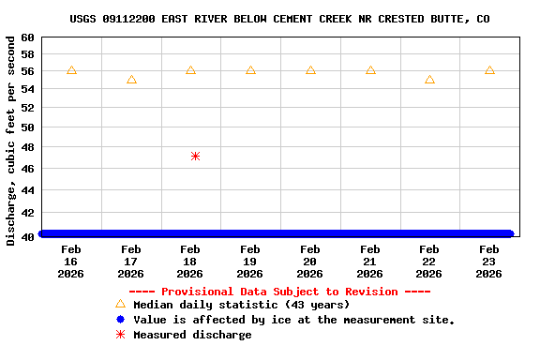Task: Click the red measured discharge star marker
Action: [x=195, y=156]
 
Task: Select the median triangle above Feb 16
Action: [x=71, y=70]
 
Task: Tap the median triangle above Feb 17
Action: [x=131, y=80]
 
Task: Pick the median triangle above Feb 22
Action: [x=429, y=80]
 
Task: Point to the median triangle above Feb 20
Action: [x=310, y=70]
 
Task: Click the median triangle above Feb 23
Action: [x=489, y=70]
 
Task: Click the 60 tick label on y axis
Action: [x=26, y=37]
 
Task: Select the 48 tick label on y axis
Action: [x=26, y=147]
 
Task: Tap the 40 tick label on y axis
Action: [x=26, y=236]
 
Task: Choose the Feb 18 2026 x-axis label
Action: [x=190, y=262]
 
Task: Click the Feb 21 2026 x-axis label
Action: [x=369, y=262]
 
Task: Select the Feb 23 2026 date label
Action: [x=489, y=262]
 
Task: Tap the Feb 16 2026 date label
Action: [x=71, y=262]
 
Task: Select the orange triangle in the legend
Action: [x=120, y=304]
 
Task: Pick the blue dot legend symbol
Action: [x=120, y=320]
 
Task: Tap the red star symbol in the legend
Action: [x=120, y=335]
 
